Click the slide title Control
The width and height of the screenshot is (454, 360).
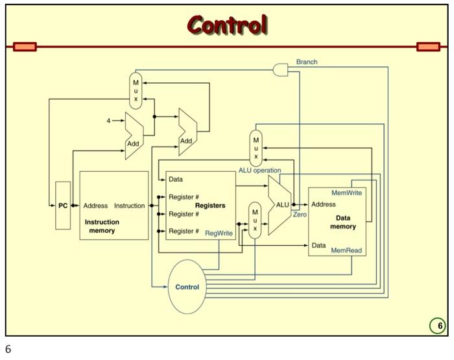pyautogui.click(x=227, y=25)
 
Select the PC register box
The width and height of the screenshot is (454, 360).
pyautogui.click(x=63, y=206)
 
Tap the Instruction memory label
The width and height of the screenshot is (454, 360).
pyautogui.click(x=102, y=226)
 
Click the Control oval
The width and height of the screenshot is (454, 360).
pyautogui.click(x=187, y=287)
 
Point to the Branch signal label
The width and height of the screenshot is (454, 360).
pyautogui.click(x=307, y=62)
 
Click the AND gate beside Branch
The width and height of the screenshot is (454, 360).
pyautogui.click(x=281, y=69)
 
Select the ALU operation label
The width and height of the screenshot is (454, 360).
pyautogui.click(x=259, y=171)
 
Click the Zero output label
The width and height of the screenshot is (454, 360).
pyautogui.click(x=300, y=214)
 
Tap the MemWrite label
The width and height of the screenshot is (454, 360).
pyautogui.click(x=347, y=193)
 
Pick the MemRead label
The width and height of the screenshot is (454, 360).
pyautogui.click(x=346, y=250)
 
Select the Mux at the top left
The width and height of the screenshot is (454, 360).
pyautogui.click(x=136, y=91)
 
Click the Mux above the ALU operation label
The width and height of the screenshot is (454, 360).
pyautogui.click(x=256, y=149)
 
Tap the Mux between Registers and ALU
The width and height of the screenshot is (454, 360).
pyautogui.click(x=255, y=221)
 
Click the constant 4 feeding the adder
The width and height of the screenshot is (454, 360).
pyautogui.click(x=108, y=121)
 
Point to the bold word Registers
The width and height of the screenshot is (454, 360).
pyautogui.click(x=210, y=206)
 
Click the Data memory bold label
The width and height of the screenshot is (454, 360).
pyautogui.click(x=343, y=222)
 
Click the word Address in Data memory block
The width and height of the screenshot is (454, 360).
pyautogui.click(x=324, y=204)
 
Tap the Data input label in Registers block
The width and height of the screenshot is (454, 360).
pyautogui.click(x=175, y=179)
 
